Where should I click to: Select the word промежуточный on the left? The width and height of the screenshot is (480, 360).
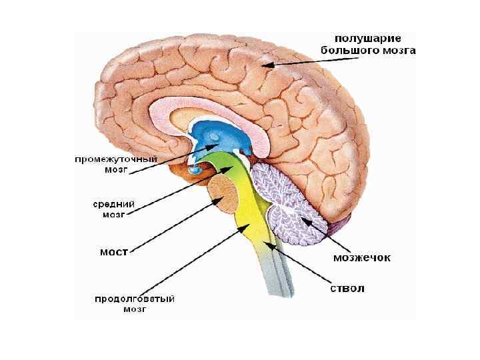click(x=115, y=160)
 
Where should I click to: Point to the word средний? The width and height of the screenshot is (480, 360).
click(x=114, y=204)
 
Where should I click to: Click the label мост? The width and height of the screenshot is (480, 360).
click(x=113, y=253)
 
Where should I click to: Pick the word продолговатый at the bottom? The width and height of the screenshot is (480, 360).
click(x=134, y=298)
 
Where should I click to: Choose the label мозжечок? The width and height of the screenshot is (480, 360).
click(x=361, y=256)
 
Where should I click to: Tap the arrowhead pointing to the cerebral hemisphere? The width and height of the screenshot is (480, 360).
click(x=267, y=65)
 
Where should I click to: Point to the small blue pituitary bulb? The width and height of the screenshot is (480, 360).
click(x=195, y=171)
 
